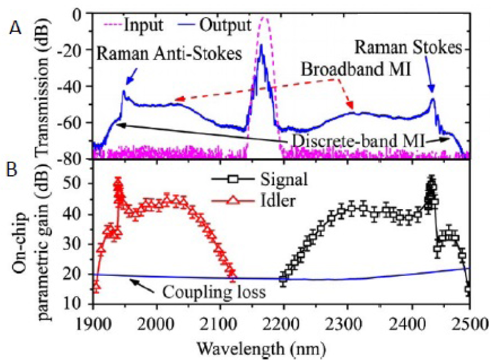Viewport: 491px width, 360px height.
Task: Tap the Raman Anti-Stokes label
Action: pos(169,54)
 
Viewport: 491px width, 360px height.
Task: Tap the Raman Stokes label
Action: pos(407,48)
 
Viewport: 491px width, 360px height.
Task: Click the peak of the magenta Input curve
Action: pos(265,19)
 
